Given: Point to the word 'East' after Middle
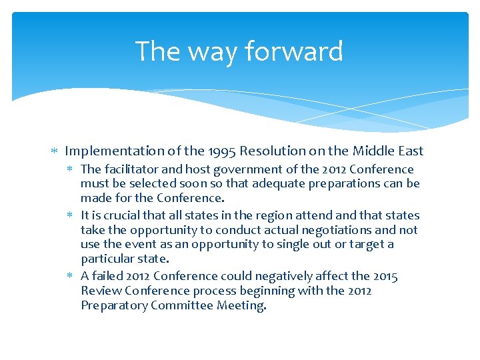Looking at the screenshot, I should coord(409,151).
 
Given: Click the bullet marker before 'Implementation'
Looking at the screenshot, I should coord(55,152).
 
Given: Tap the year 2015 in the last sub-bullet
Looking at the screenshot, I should coord(384,276).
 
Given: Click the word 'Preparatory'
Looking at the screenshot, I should coord(114,305).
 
